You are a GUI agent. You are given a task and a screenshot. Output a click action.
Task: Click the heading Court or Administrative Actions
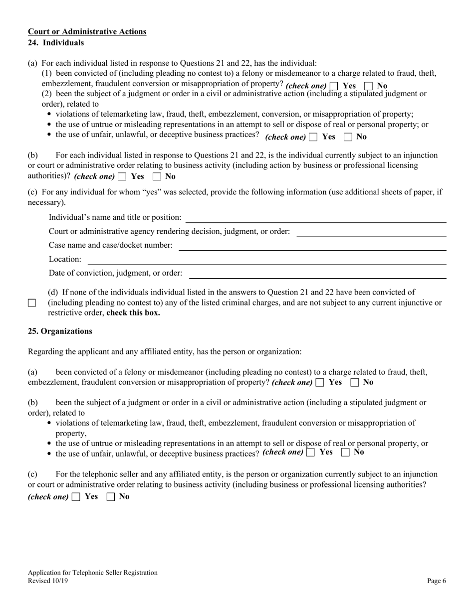tap(87, 32)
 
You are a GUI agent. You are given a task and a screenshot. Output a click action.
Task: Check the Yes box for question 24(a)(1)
tap(334, 86)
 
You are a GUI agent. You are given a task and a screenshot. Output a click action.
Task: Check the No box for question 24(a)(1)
tap(369, 86)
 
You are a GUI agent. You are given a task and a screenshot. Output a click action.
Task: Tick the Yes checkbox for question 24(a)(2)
tap(313, 137)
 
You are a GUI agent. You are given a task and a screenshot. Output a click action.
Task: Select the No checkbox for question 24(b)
tap(157, 176)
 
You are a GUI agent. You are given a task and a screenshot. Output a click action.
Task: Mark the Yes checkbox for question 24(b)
tap(122, 176)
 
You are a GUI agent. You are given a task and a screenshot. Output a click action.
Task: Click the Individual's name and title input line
tap(315, 218)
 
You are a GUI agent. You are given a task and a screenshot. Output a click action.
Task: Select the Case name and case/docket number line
tap(312, 246)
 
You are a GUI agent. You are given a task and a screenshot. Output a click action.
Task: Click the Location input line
tap(266, 260)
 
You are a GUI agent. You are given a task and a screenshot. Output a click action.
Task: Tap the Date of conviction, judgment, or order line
tap(317, 274)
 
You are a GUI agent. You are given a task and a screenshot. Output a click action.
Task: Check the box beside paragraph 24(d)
tap(32, 303)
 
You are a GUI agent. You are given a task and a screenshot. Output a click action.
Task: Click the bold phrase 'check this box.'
tap(133, 313)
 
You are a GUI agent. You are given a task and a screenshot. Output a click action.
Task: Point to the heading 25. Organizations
tap(60, 331)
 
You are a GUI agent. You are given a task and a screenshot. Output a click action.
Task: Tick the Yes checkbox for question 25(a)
tap(320, 383)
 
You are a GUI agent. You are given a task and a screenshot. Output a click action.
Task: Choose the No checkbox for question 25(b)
tap(345, 453)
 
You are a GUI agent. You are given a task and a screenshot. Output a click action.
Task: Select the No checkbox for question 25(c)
tap(111, 497)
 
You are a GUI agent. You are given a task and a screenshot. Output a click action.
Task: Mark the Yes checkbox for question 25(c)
tap(76, 497)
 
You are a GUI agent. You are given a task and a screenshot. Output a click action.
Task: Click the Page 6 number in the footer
tap(437, 581)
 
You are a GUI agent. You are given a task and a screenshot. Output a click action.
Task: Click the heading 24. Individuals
tap(56, 43)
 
